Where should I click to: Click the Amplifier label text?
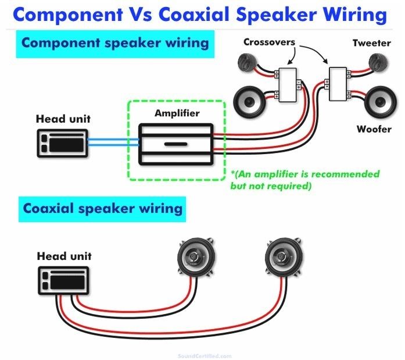[177, 113]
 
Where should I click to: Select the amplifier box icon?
[176, 144]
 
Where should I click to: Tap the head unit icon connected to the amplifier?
[63, 143]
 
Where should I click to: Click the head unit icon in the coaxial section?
[63, 281]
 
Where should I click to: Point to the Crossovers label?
[269, 42]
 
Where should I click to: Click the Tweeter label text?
[372, 43]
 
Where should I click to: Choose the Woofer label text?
[374, 129]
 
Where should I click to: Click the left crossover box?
[288, 85]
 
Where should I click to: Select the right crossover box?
[338, 84]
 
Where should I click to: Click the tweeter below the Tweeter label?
[378, 62]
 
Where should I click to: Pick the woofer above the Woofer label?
[380, 102]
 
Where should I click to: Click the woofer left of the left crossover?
[249, 102]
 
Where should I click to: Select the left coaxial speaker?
[196, 257]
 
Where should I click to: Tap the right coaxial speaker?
[284, 257]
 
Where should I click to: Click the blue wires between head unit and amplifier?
[113, 142]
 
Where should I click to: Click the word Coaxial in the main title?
[195, 14]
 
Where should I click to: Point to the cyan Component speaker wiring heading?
[115, 44]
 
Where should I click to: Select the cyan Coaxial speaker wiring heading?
[102, 209]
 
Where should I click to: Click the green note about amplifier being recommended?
[305, 180]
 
